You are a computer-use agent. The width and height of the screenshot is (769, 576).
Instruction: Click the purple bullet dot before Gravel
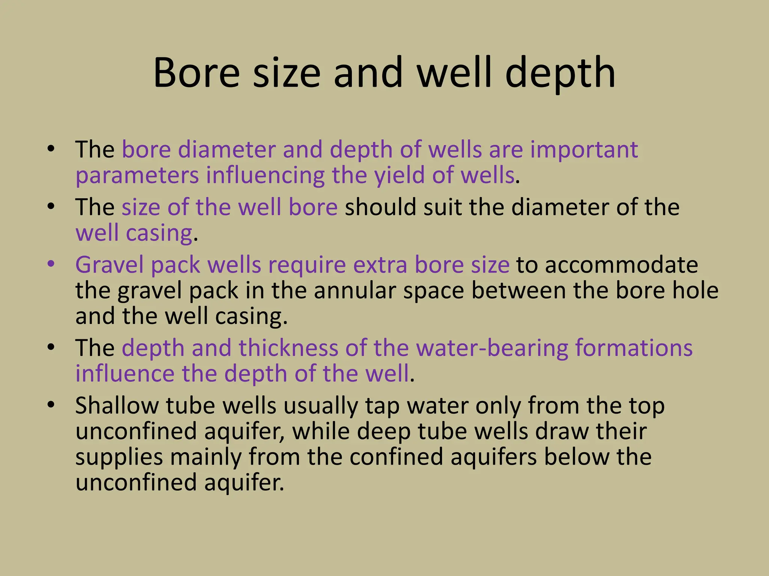[x=51, y=264]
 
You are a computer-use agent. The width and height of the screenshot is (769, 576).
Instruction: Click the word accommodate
[x=621, y=265]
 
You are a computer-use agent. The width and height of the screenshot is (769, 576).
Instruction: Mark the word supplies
[x=119, y=457]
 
